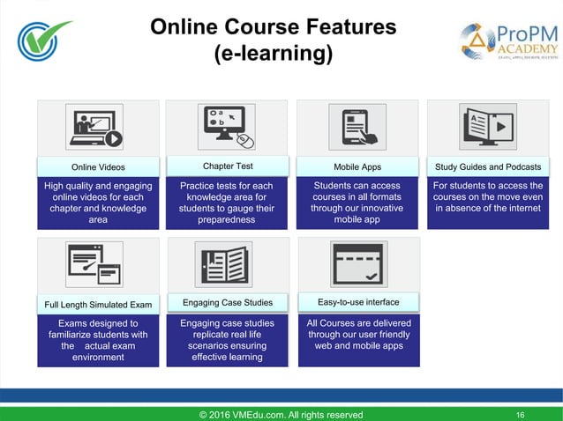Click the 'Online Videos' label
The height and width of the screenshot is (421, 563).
click(x=98, y=166)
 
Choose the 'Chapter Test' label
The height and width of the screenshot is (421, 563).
click(x=228, y=166)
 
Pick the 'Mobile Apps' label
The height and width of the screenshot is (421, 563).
click(x=357, y=166)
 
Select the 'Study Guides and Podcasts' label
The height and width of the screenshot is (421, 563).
click(x=489, y=166)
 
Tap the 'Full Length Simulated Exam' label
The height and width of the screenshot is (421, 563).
click(x=98, y=305)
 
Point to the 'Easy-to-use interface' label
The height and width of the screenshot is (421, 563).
click(x=357, y=303)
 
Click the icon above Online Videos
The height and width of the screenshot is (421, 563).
click(x=98, y=129)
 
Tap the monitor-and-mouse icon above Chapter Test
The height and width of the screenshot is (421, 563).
click(x=228, y=129)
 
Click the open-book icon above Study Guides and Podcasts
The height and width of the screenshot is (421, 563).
click(x=488, y=127)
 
